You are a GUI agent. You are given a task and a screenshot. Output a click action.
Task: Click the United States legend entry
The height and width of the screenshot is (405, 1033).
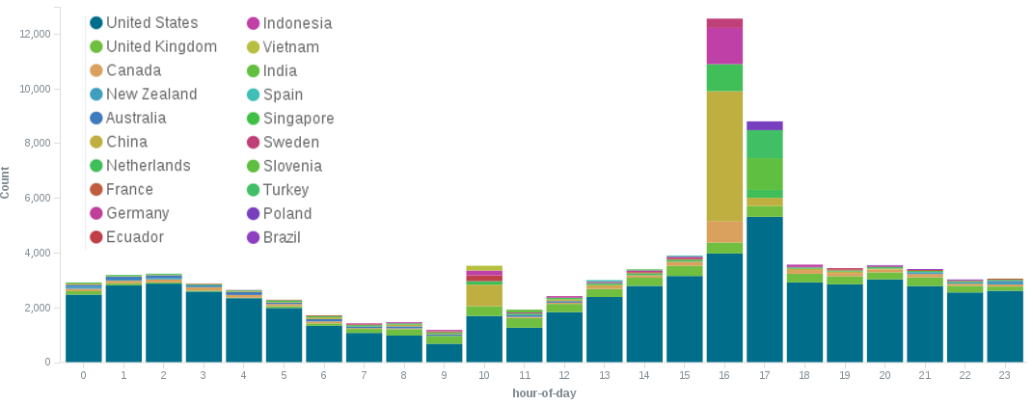tap(151, 23)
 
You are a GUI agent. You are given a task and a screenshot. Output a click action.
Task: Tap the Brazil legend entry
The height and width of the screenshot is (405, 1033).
tap(286, 237)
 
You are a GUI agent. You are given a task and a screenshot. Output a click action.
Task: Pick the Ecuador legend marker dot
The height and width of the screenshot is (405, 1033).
tap(95, 237)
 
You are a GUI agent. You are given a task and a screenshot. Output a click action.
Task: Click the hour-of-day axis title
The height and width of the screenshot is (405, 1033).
tap(544, 393)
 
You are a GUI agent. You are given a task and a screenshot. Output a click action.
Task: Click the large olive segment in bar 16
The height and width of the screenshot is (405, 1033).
tap(724, 155)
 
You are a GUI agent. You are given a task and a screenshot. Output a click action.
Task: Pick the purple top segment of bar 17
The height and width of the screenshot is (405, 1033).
tap(764, 125)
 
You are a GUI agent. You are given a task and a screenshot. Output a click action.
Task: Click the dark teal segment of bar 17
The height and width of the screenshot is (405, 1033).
tap(764, 289)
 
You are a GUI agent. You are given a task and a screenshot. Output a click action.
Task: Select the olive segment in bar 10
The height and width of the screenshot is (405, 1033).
tap(484, 295)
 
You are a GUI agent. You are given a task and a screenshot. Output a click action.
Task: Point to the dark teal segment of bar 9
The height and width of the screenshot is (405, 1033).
tap(445, 353)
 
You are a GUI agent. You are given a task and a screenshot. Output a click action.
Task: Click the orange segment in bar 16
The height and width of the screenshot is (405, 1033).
tap(724, 231)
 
